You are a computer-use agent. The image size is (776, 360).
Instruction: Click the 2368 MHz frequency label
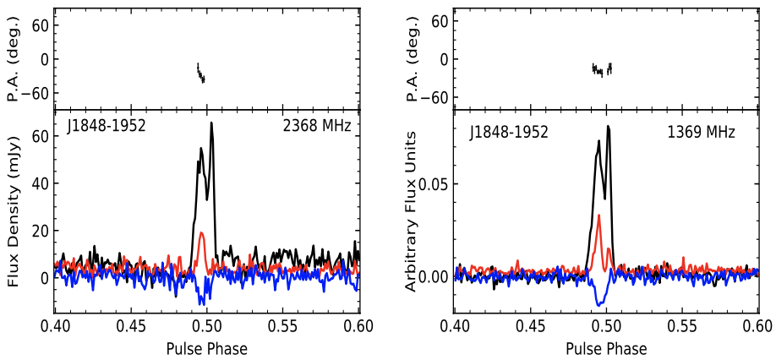(x=316, y=127)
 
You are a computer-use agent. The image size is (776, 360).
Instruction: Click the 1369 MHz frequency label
(x=702, y=132)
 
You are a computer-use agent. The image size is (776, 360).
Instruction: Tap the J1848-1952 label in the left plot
(x=107, y=127)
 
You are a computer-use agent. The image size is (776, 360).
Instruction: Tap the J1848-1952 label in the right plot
(x=509, y=132)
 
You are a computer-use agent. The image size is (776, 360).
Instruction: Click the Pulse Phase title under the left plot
(x=206, y=348)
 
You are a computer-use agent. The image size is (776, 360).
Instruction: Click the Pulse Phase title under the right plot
(x=606, y=348)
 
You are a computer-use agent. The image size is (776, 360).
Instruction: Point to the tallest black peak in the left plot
(x=211, y=123)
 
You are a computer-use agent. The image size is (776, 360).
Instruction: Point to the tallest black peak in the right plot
(x=608, y=127)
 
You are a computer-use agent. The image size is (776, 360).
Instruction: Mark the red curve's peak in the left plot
(x=201, y=232)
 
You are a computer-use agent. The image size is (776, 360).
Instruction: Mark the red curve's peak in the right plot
(x=598, y=216)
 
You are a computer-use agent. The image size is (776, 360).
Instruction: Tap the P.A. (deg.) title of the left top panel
(x=14, y=59)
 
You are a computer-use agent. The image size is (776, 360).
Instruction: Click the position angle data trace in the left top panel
(x=200, y=74)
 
